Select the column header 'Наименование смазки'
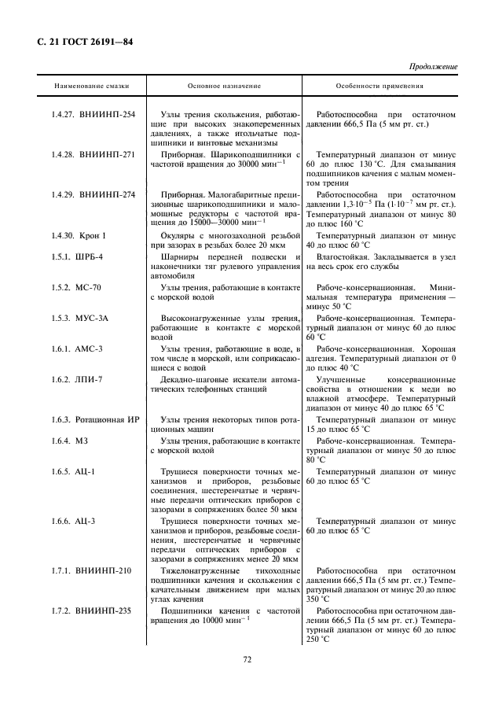click(92, 85)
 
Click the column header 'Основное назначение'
click(224, 85)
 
